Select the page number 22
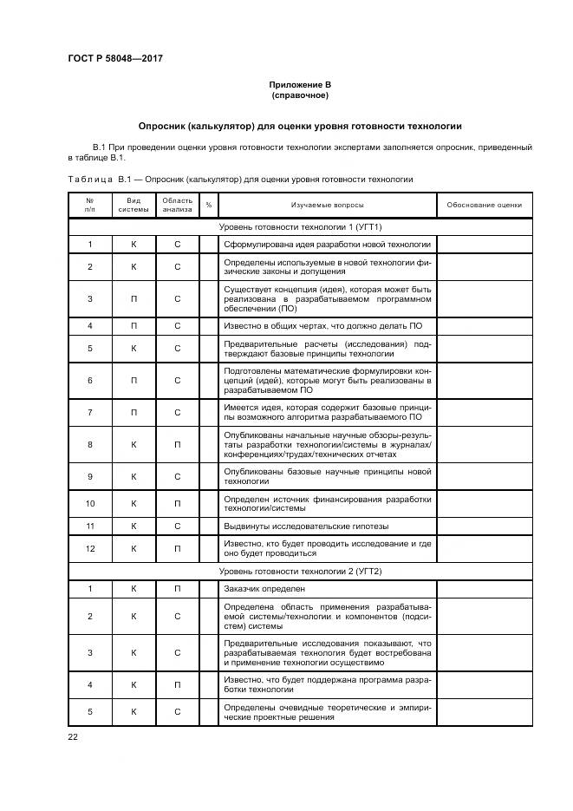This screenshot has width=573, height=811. [x=73, y=737]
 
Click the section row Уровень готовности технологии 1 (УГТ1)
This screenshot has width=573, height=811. [x=300, y=226]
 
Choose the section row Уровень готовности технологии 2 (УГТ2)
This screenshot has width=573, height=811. [x=300, y=571]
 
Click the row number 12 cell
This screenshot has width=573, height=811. [x=90, y=548]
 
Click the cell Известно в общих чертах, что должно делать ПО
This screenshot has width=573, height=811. [x=322, y=325]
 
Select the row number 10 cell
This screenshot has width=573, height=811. [x=90, y=503]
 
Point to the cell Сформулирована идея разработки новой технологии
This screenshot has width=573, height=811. [x=327, y=244]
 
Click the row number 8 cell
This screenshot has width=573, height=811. [x=90, y=444]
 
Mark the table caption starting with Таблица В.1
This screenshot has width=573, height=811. [x=240, y=180]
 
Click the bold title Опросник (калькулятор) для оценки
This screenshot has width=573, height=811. [x=300, y=126]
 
